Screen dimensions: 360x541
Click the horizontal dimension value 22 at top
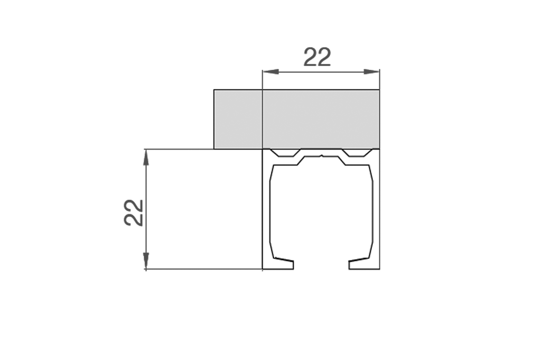pos(317,57)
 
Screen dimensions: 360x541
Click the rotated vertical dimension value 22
pos(134,213)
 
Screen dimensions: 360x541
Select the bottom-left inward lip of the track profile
pos(282,263)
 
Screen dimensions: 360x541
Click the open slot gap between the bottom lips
pos(321,264)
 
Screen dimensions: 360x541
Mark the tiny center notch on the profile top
pos(321,156)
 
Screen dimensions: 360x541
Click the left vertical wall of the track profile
pos(266,211)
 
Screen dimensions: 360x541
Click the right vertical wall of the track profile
pos(376,211)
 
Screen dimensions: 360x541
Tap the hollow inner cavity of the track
pos(321,211)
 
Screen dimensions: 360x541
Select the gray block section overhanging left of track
pos(238,119)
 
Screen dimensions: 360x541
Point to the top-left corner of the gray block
pos(214,90)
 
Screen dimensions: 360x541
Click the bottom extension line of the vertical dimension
pos(203,269)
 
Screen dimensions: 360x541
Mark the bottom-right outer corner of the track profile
pos(379,269)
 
